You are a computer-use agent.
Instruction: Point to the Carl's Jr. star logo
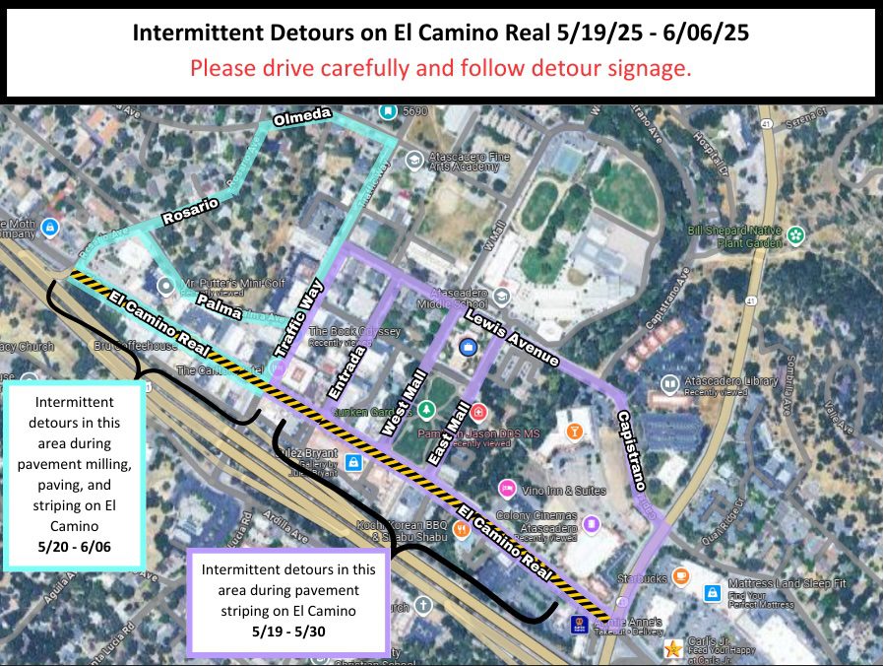click(x=672, y=648)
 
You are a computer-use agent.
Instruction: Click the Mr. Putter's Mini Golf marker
click(x=167, y=287)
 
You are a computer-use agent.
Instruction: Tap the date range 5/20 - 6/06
click(x=75, y=545)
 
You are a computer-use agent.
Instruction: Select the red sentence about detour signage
click(x=441, y=69)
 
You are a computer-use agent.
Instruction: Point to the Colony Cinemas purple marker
click(x=592, y=523)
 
